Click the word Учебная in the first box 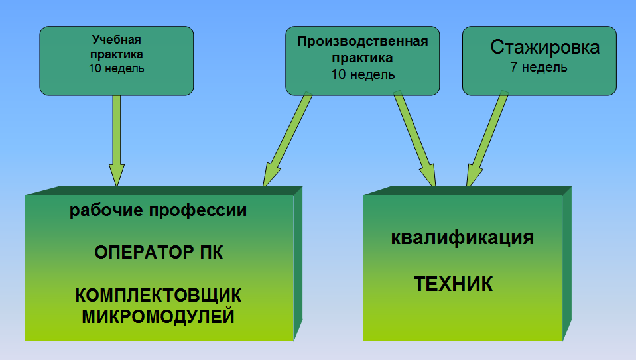click(117, 40)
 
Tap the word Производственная click(363, 42)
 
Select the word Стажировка click(544, 48)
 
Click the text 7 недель click(539, 67)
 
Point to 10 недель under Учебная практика click(117, 68)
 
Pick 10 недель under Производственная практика click(363, 75)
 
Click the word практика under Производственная click(362, 58)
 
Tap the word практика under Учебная click(117, 54)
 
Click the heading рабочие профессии click(159, 210)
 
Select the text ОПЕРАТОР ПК click(159, 253)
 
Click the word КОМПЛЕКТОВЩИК click(159, 296)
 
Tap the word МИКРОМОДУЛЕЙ click(159, 316)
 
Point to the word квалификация click(462, 238)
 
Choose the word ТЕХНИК click(453, 284)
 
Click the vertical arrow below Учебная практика click(117, 141)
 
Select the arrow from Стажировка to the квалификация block click(487, 139)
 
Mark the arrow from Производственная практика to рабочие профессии click(288, 139)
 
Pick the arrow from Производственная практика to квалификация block click(414, 139)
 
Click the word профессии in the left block click(198, 211)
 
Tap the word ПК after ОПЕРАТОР click(212, 253)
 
